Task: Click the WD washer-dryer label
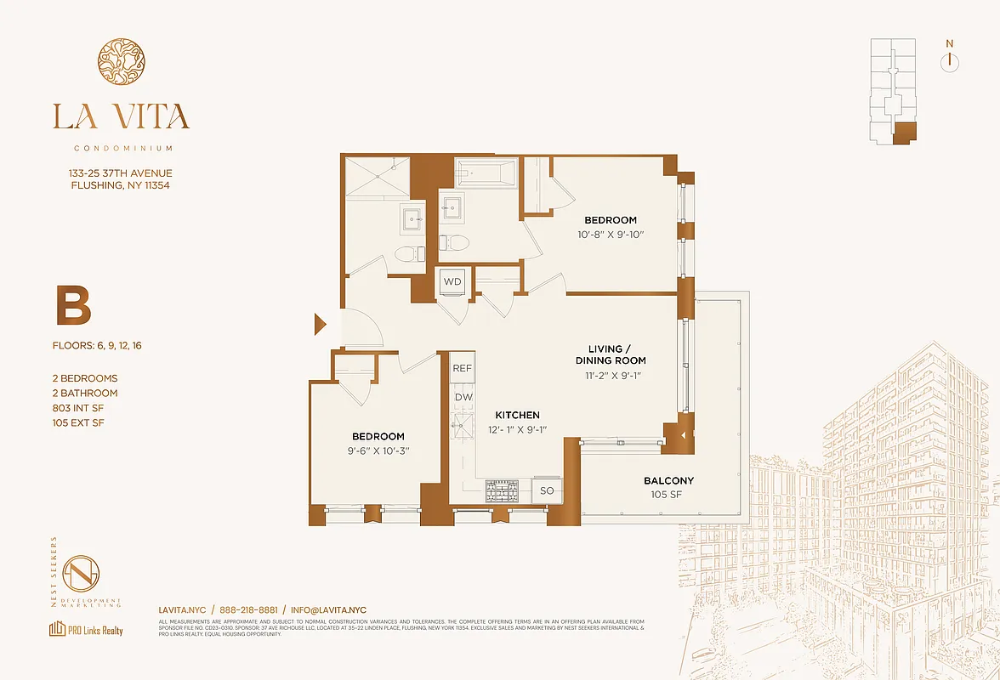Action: click(452, 281)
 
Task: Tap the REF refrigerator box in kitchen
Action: click(462, 368)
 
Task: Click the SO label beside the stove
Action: click(547, 490)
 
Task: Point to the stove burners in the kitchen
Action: click(502, 490)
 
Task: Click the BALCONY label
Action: click(668, 480)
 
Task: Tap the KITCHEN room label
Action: click(518, 415)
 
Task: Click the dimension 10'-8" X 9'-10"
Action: click(610, 234)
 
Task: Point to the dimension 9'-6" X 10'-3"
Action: click(378, 450)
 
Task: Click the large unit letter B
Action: click(73, 307)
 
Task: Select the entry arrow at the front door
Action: click(321, 324)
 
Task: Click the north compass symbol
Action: click(950, 61)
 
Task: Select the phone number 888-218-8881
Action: click(248, 609)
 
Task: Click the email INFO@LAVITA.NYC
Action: click(328, 609)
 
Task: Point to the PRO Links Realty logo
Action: click(86, 630)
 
